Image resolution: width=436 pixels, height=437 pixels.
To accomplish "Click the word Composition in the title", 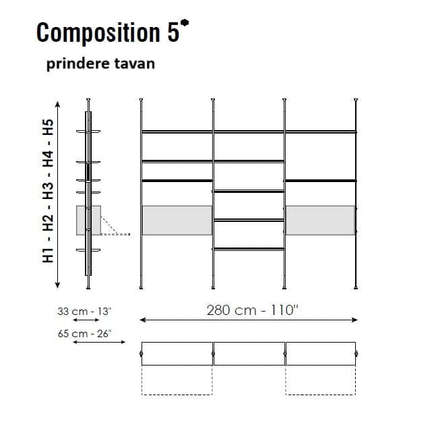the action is coord(98,34).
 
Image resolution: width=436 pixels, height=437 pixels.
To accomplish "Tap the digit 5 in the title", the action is coord(173,32).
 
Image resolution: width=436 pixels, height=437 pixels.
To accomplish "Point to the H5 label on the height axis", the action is coord(48,127).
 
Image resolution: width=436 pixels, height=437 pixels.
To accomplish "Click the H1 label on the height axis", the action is coord(48,255).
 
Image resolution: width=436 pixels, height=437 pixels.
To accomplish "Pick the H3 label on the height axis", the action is coord(48,192).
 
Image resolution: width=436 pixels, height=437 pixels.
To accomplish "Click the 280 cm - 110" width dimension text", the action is coord(252,310).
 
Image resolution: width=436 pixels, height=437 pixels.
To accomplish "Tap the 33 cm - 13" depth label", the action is coord(84,312).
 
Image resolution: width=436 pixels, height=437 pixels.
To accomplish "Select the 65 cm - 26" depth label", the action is coord(85,334).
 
